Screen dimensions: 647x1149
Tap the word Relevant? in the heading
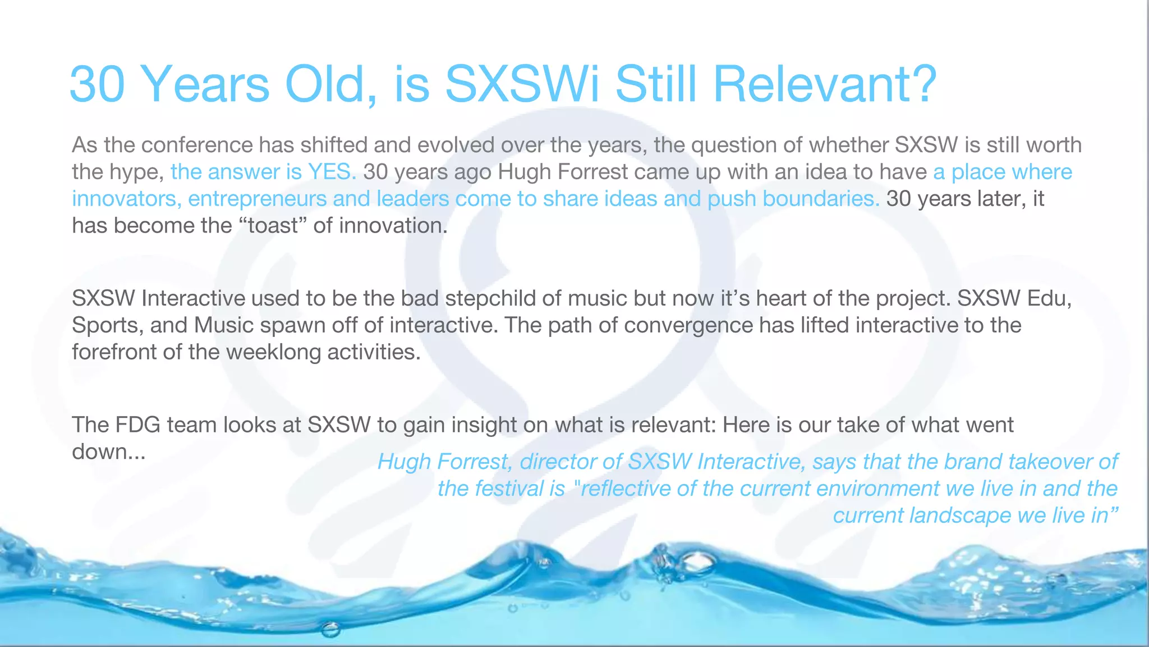pos(825,84)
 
